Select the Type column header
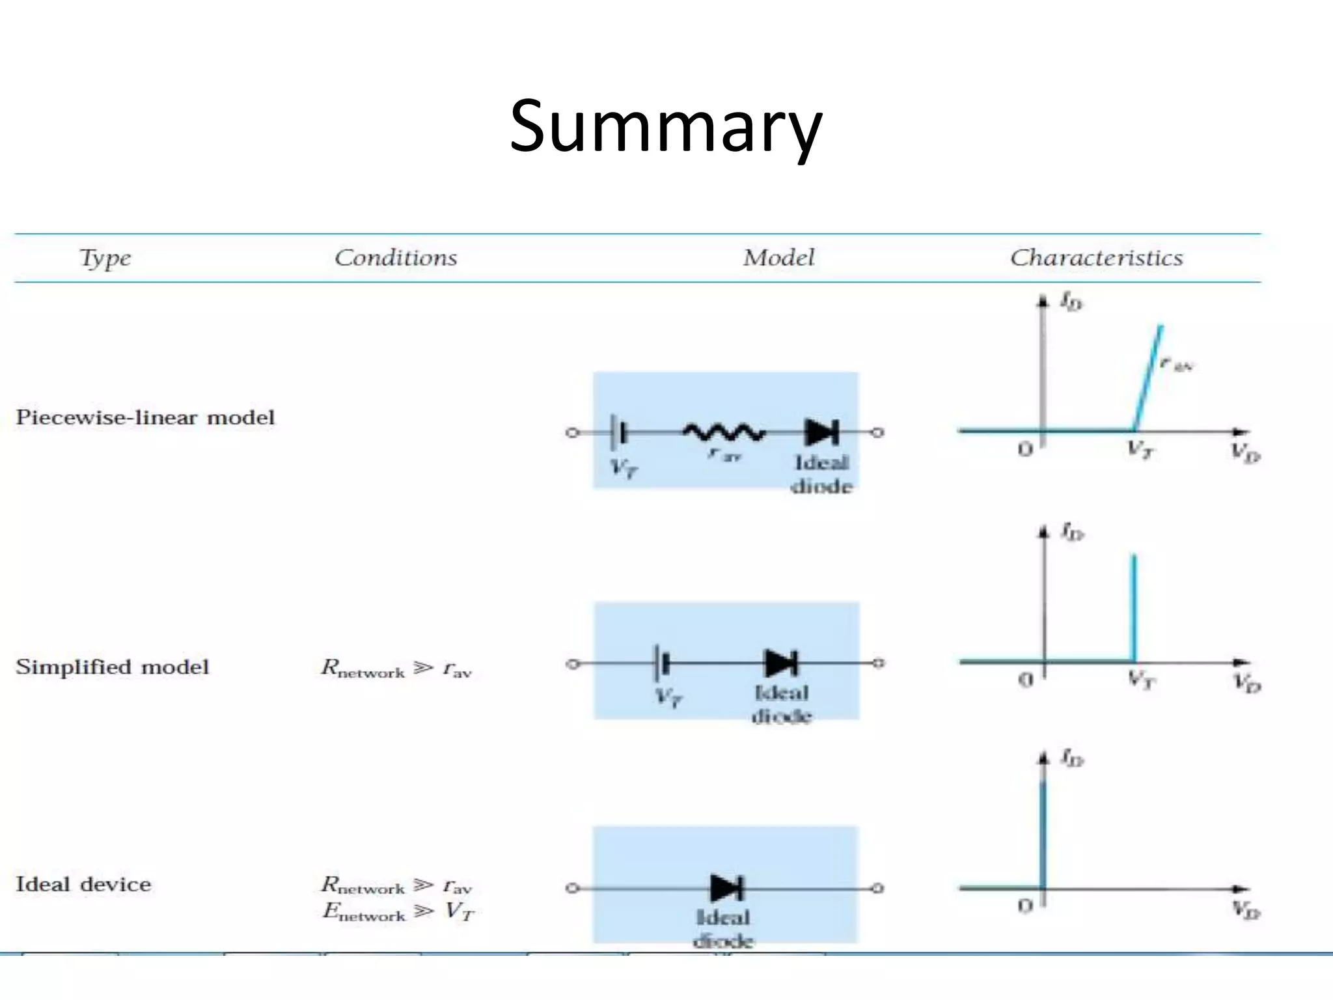coord(105,258)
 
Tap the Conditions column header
coord(396,258)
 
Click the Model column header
coord(778,258)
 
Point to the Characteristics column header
coord(1096,258)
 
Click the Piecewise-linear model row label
coord(145,417)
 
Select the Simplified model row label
coord(112,667)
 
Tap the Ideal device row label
coord(83,884)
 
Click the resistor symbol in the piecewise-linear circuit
coord(723,432)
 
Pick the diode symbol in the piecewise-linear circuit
coord(822,432)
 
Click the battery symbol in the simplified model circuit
coord(663,663)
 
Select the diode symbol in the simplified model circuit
coord(781,663)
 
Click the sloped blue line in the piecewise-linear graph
coord(1148,378)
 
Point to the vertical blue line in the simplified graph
coord(1134,609)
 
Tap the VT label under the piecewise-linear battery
coord(624,467)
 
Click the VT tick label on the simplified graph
coord(1141,681)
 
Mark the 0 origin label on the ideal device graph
coord(1025,906)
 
